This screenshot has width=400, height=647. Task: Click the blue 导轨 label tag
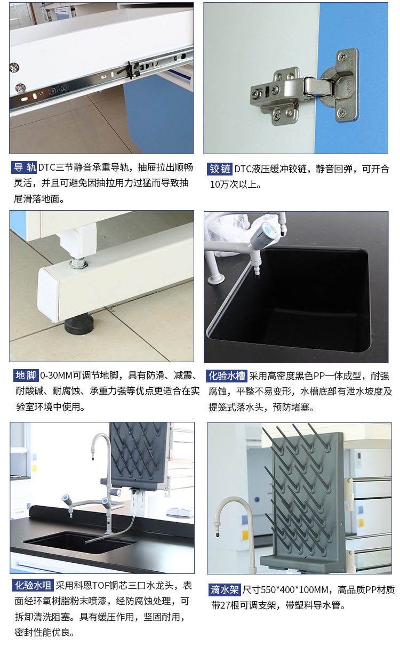coord(24,167)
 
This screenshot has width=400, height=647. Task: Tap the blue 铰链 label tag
coord(220,169)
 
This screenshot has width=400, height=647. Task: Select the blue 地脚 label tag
coord(26,376)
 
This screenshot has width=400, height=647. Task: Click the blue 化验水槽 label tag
coord(227,376)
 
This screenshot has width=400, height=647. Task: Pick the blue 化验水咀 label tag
coord(33,585)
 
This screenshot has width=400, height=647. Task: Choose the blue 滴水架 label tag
coord(225,589)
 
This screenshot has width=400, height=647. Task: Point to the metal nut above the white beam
coord(78,263)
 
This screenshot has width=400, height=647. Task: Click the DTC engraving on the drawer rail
coord(58,90)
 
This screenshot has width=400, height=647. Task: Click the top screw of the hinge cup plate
coord(343,56)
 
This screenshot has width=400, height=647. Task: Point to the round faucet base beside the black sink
coord(215,279)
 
